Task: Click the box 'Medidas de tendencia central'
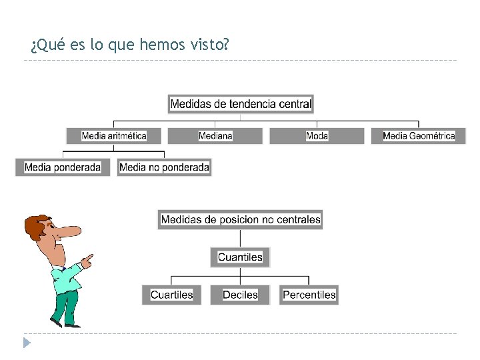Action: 240,103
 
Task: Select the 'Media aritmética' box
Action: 114,136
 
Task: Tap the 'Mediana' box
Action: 215,136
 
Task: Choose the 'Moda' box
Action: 317,136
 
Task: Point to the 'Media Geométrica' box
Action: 419,136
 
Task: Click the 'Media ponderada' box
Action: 63,167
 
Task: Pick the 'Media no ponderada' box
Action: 164,167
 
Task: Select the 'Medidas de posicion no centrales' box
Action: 240,219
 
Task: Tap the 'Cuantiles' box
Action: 240,257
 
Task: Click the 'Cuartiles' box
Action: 171,295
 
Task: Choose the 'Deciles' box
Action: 240,295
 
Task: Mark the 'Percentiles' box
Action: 309,295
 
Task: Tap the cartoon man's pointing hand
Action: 87,261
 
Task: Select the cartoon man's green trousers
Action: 64,307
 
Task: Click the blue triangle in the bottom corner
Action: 26,343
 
